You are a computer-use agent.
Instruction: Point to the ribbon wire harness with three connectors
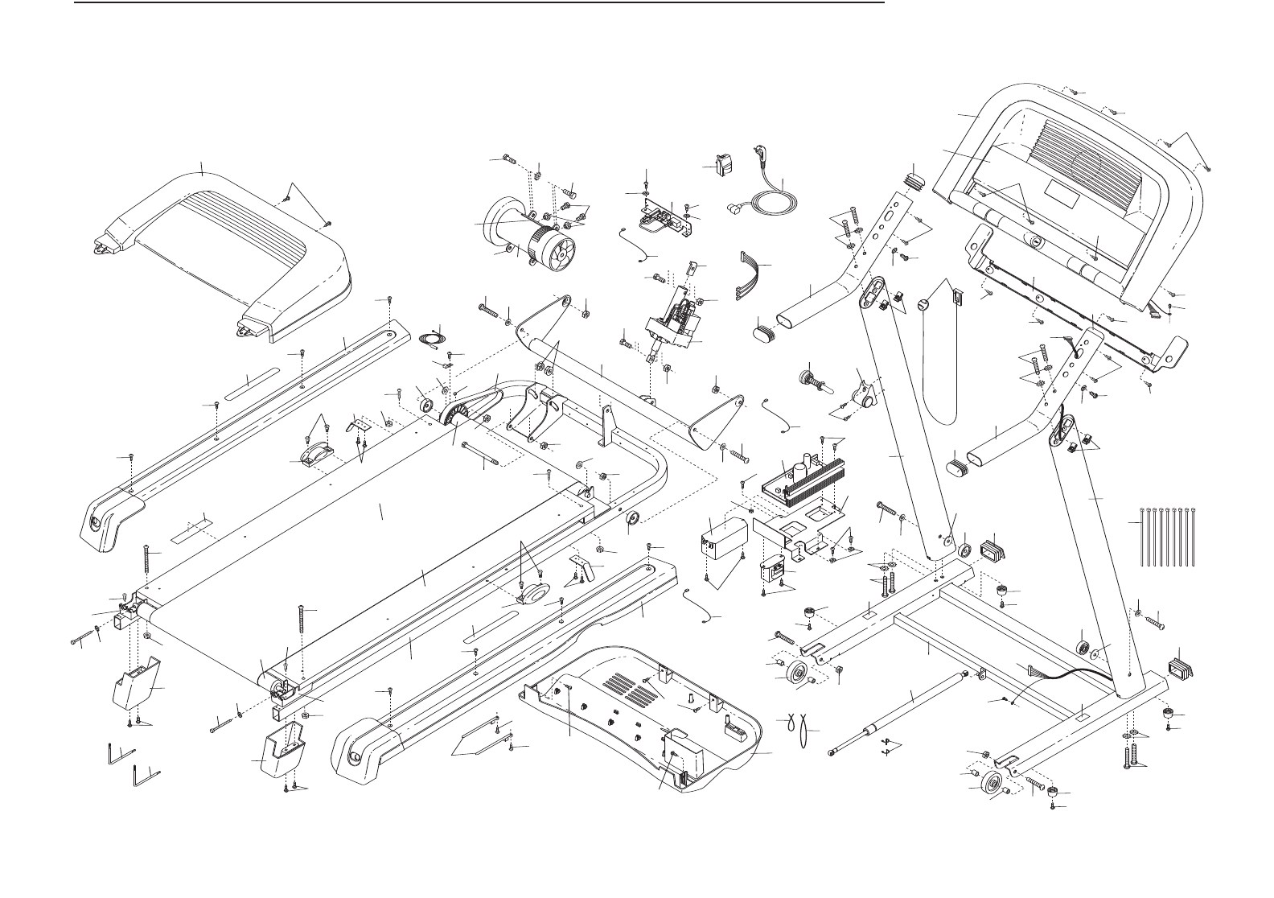click(x=750, y=278)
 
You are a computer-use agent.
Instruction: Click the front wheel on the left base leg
click(x=799, y=674)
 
